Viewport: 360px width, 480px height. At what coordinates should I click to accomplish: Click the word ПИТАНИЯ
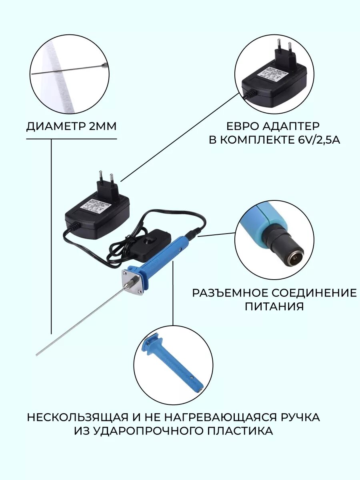click(x=274, y=307)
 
